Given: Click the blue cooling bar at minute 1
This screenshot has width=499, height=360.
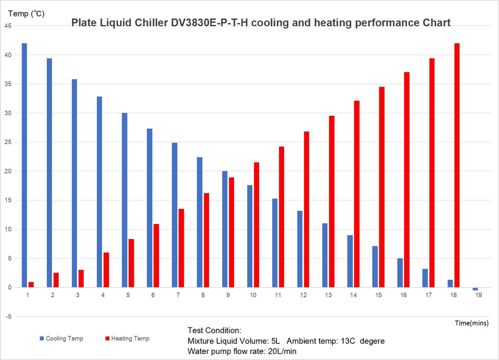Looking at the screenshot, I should click(x=24, y=165).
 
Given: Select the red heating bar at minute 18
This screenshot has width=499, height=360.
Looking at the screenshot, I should click(x=457, y=165).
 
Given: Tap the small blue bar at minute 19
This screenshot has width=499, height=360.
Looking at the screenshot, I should click(x=475, y=289).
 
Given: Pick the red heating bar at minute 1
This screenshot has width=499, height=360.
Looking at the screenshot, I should click(x=31, y=285).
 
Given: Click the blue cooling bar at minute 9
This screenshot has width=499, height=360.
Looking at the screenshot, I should click(x=225, y=229).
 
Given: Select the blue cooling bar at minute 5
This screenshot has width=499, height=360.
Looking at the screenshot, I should click(x=124, y=200).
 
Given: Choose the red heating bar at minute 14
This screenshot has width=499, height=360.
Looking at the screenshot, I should click(x=357, y=194).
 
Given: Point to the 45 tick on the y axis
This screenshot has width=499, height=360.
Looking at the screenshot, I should click(x=8, y=26).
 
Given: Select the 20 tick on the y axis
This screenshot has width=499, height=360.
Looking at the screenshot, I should click(x=8, y=171).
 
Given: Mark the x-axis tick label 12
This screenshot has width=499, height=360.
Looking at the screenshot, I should click(x=303, y=295).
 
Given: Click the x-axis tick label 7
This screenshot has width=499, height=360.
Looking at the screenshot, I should click(x=178, y=295).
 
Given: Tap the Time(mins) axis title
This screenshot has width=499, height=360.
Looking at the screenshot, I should click(x=471, y=323).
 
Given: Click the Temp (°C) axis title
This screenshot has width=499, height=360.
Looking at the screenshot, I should click(x=26, y=14).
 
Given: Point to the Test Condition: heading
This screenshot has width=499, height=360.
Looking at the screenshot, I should click(x=214, y=330).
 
